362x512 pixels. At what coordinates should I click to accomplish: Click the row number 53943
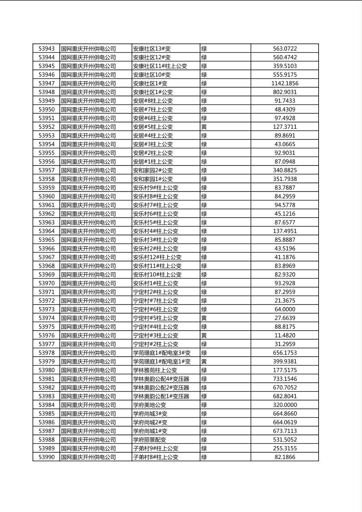(46, 49)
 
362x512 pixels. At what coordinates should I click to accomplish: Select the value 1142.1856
(284, 84)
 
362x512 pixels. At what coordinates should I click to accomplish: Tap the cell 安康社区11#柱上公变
(160, 66)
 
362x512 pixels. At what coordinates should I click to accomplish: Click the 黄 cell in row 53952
(204, 127)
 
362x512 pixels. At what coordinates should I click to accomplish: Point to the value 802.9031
(284, 92)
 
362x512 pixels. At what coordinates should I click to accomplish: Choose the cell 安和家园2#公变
(153, 170)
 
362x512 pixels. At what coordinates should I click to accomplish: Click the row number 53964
(46, 231)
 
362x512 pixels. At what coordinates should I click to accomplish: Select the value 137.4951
(284, 231)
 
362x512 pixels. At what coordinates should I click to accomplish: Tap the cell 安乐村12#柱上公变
(157, 257)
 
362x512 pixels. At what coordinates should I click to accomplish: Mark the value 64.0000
(284, 310)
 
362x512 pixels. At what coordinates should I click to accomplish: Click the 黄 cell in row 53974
(204, 318)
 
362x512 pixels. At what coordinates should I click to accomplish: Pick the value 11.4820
(284, 336)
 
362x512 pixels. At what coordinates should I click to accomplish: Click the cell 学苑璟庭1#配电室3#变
(162, 353)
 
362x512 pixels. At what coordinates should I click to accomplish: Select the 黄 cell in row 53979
(204, 361)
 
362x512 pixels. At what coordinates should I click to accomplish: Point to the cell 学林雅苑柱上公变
(155, 370)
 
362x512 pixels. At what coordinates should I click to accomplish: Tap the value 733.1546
(284, 379)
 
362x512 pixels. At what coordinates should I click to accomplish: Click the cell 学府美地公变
(149, 405)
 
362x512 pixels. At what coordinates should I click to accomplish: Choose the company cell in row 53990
(88, 457)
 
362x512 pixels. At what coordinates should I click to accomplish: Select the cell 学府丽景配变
(149, 440)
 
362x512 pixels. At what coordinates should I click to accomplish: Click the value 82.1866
(284, 457)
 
